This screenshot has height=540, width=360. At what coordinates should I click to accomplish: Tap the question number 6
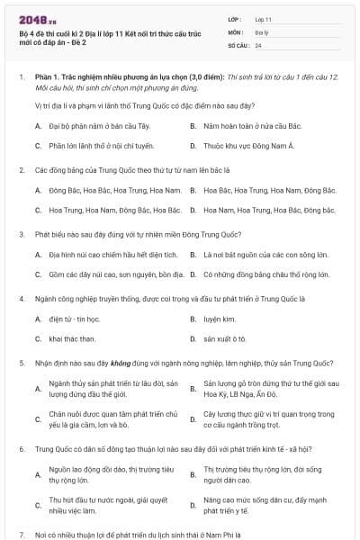[x=21, y=447]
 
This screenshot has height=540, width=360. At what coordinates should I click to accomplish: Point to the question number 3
[x=21, y=233]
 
